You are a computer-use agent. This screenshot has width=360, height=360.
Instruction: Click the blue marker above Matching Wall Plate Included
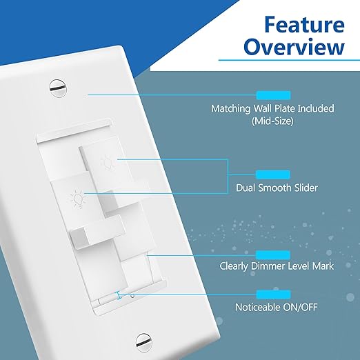273,94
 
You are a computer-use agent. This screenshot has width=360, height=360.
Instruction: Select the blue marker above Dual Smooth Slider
273,174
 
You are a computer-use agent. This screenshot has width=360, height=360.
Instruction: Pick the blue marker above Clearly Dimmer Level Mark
273,254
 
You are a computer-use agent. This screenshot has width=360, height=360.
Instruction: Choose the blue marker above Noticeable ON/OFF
273,294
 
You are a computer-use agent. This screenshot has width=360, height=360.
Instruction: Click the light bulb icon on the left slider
74,200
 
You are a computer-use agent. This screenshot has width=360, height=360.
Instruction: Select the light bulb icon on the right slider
108,162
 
